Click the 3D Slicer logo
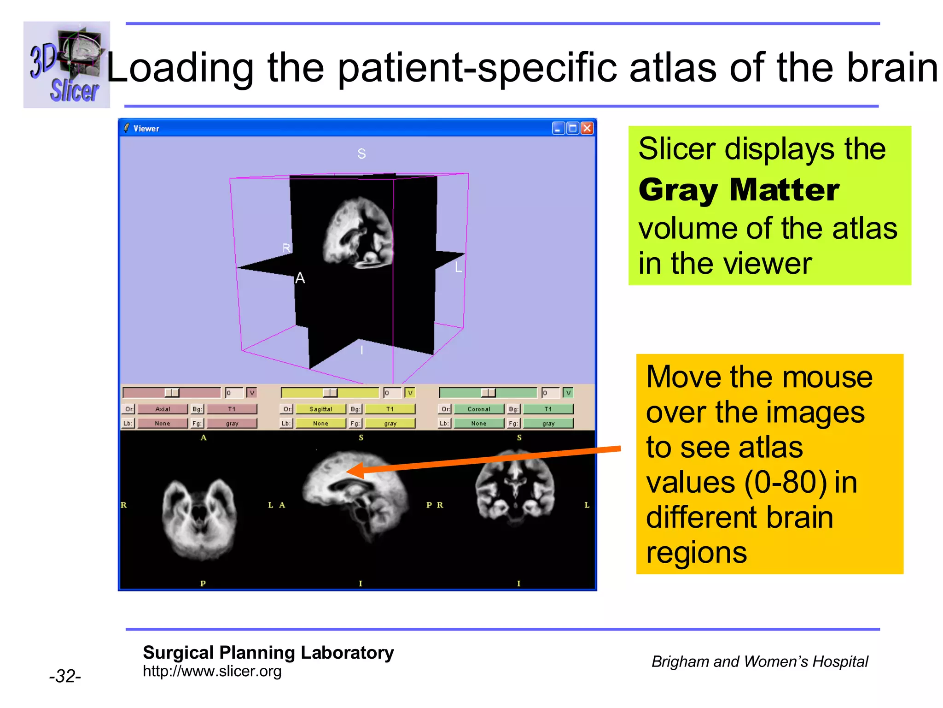pyautogui.click(x=67, y=65)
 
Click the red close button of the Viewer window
pyautogui.click(x=587, y=128)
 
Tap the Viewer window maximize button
pyautogui.click(x=573, y=128)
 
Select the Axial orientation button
pyautogui.click(x=163, y=409)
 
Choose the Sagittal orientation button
pyautogui.click(x=320, y=409)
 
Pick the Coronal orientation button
pyautogui.click(x=478, y=409)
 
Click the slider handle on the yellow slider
pyautogui.click(x=330, y=393)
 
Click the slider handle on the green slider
pyautogui.click(x=488, y=393)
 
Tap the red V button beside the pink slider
pyautogui.click(x=251, y=393)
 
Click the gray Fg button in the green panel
pyautogui.click(x=548, y=423)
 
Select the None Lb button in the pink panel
pyautogui.click(x=163, y=423)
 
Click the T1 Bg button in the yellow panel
pyautogui.click(x=390, y=409)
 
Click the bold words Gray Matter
pyautogui.click(x=739, y=190)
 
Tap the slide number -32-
pyautogui.click(x=65, y=676)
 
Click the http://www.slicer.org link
pyautogui.click(x=212, y=671)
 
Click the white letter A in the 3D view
pyautogui.click(x=300, y=278)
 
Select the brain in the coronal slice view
pyautogui.click(x=515, y=491)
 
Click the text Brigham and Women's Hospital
pyautogui.click(x=759, y=661)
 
